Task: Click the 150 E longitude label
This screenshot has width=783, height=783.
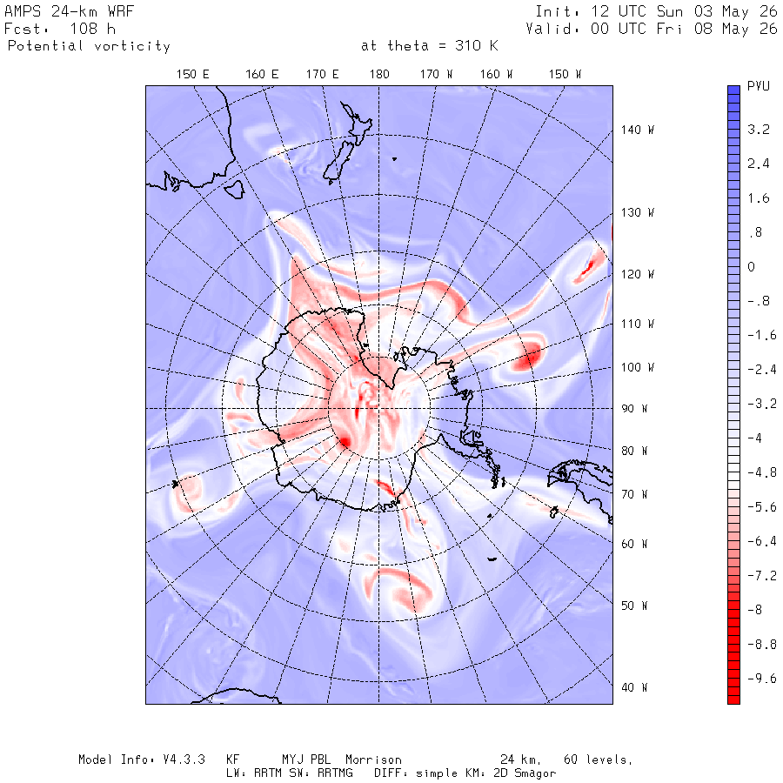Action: (193, 75)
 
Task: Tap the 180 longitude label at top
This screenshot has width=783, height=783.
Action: (379, 75)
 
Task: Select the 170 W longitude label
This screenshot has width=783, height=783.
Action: (436, 75)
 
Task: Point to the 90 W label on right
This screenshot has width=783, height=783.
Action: (634, 409)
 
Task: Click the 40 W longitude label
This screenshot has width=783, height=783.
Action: (634, 687)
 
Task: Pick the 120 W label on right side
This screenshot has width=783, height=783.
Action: (638, 274)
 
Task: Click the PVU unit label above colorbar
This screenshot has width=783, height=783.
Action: (759, 86)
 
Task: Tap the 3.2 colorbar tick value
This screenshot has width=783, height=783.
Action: (759, 130)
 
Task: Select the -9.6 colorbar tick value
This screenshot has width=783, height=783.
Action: (762, 678)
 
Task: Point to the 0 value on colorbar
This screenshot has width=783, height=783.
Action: (751, 267)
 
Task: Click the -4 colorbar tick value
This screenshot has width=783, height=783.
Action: (754, 438)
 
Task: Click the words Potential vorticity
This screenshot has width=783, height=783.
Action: (89, 46)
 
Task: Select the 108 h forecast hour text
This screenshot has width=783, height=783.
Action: (92, 29)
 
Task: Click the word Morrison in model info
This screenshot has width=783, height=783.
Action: (373, 760)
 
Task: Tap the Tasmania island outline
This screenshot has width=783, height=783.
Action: (234, 190)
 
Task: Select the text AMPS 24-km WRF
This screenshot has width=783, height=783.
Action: (69, 11)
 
